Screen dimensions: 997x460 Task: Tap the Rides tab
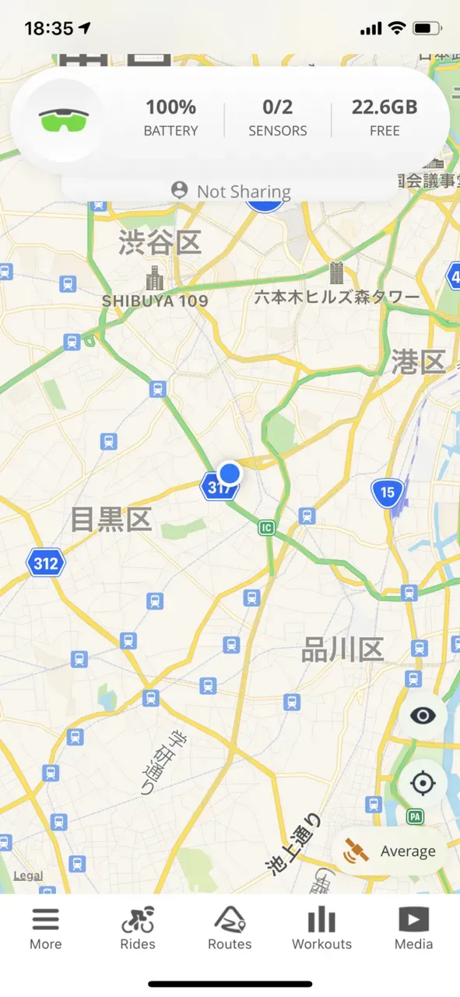point(138,928)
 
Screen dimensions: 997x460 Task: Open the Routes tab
point(230,928)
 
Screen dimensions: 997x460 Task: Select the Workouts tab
point(321,928)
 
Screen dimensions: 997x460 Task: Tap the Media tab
point(413,928)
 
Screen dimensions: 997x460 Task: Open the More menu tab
point(46,928)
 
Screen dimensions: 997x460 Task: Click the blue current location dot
point(230,472)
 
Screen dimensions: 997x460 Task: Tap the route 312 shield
point(45,563)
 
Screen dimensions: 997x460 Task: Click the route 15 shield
point(387,491)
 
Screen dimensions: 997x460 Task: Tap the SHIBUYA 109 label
point(156,300)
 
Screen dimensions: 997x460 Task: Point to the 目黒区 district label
point(111,519)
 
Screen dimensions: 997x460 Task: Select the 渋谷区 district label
point(160,242)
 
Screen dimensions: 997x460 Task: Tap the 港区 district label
point(418,362)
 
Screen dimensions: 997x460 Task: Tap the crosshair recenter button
point(423,782)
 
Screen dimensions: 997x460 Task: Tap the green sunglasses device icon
point(64,120)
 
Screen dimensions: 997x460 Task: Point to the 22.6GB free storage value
point(385,107)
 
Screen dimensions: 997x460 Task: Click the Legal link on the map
point(29,875)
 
